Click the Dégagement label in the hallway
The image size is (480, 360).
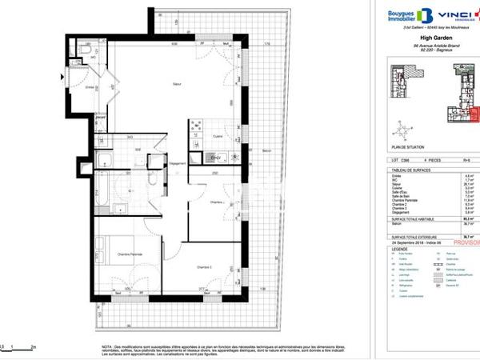[x=178, y=164]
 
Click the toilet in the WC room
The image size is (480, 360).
[x=86, y=50]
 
